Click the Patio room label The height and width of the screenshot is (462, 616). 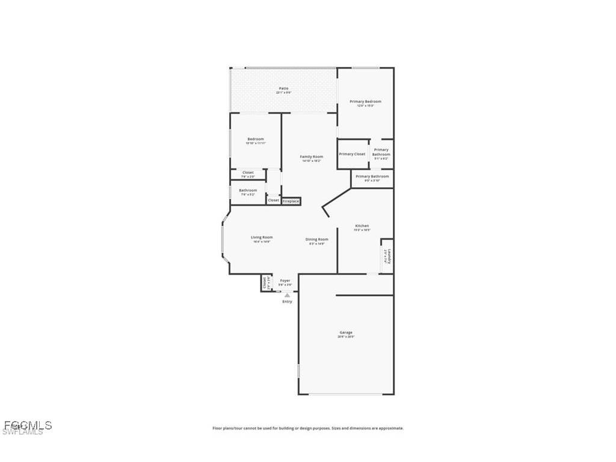283,88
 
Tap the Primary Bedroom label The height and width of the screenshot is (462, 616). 365,102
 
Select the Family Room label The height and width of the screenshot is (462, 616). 312,157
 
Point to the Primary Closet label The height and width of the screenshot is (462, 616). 352,154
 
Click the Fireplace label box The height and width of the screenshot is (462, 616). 291,201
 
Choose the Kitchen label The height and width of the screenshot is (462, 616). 362,226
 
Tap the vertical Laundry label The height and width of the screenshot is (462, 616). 389,257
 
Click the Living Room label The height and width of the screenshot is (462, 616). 262,238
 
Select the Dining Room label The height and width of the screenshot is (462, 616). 317,239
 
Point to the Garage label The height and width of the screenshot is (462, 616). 346,333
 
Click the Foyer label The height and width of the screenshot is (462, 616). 285,281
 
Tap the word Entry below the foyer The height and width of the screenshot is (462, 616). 288,301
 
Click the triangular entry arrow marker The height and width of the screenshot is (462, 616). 288,295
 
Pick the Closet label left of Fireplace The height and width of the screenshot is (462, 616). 274,200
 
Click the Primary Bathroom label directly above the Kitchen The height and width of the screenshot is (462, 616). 372,177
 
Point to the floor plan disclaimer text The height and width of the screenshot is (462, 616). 308,428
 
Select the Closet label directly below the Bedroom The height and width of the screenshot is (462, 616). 248,173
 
